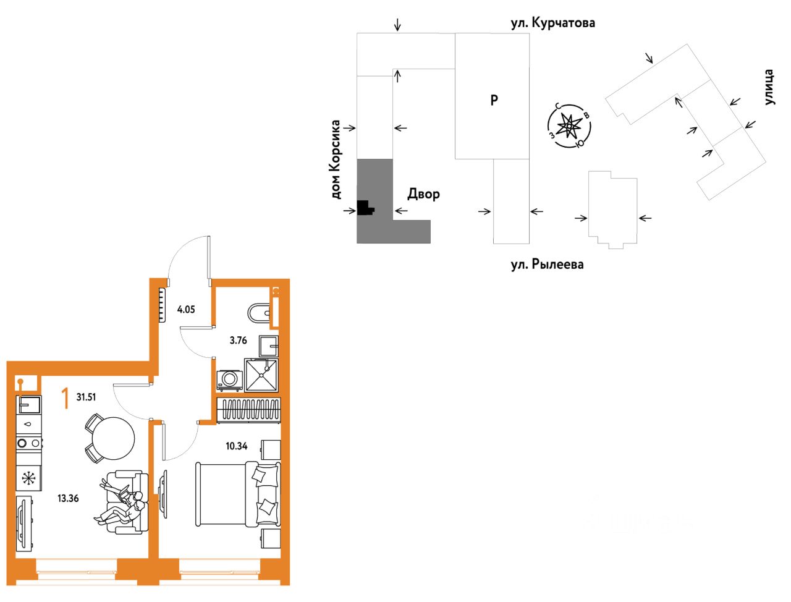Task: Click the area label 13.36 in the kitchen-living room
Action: coord(68,498)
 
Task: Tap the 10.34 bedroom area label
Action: coord(237,446)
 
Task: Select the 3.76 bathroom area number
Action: coord(239,340)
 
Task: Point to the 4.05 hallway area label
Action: coord(186,309)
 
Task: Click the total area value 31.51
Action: coord(86,397)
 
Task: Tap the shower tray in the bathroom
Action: coord(262,375)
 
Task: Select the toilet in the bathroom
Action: coord(259,313)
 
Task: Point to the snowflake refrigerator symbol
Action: coord(28,478)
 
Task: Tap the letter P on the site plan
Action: coord(494,100)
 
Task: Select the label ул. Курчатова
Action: coord(552,23)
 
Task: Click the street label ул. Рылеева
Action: coord(547,265)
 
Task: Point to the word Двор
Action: coord(424,194)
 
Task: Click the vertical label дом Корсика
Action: coord(336,159)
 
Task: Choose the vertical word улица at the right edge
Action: coord(769,87)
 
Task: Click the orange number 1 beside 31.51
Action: coord(64,399)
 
